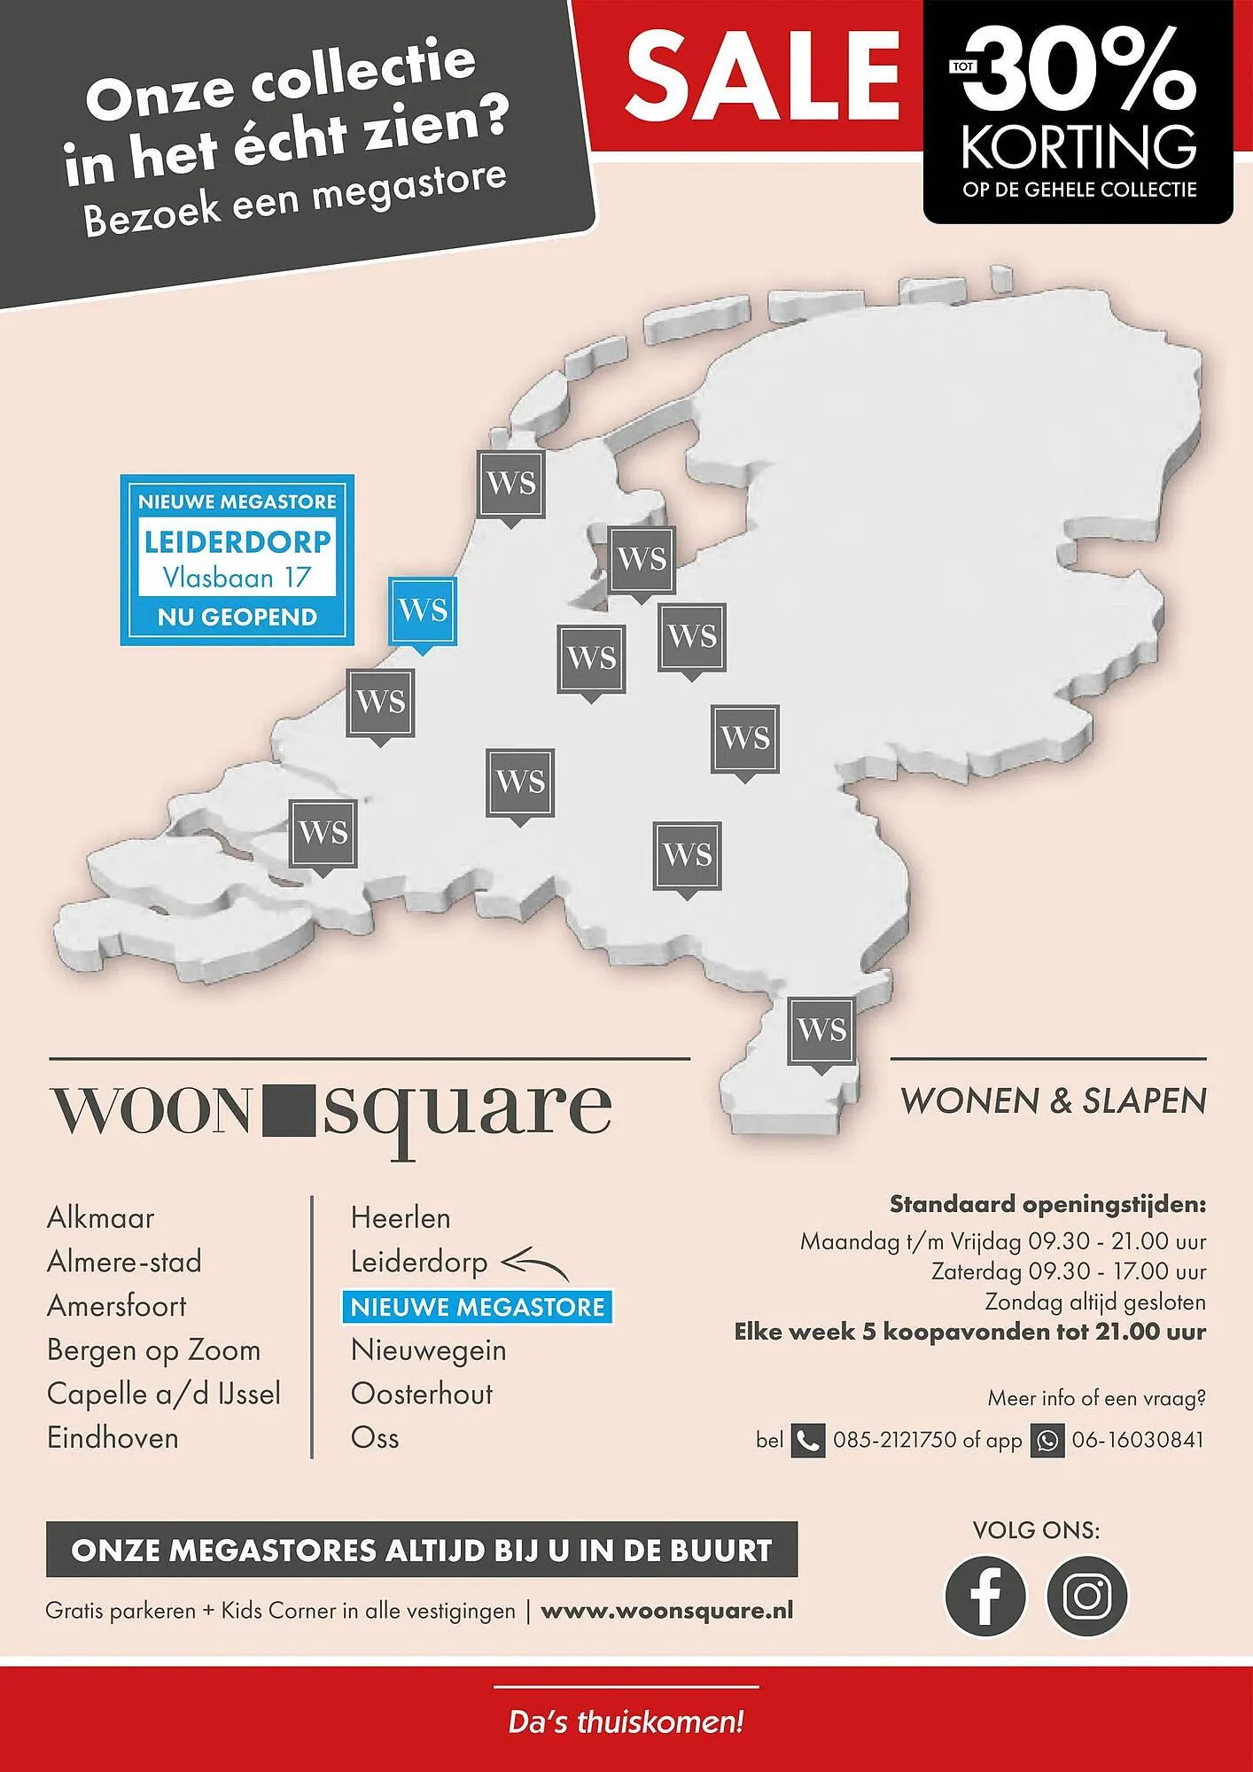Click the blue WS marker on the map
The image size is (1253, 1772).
[423, 611]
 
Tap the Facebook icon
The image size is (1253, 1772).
[985, 1596]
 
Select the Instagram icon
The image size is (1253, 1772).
[1087, 1596]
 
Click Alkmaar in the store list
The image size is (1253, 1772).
[100, 1218]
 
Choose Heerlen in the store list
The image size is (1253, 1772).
[401, 1218]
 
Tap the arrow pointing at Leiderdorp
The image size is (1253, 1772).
[534, 1263]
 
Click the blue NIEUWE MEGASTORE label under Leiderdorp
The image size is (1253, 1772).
[477, 1307]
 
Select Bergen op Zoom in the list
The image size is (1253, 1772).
[153, 1350]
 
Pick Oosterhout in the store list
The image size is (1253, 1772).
[422, 1394]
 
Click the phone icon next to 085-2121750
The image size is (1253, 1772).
[807, 1441]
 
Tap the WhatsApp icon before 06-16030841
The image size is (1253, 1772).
[1047, 1441]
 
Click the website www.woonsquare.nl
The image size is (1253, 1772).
[666, 1611]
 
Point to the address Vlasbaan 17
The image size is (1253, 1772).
[237, 579]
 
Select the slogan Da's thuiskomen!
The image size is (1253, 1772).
[626, 1722]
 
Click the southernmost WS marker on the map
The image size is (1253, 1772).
[821, 1031]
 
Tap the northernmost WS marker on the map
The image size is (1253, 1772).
[511, 484]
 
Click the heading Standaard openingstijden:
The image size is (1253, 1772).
[1047, 1205]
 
